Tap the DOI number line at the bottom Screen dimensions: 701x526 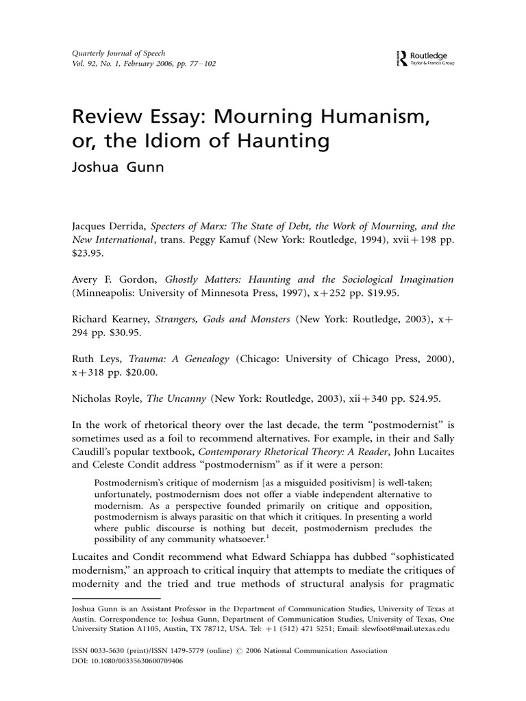[129, 662]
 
